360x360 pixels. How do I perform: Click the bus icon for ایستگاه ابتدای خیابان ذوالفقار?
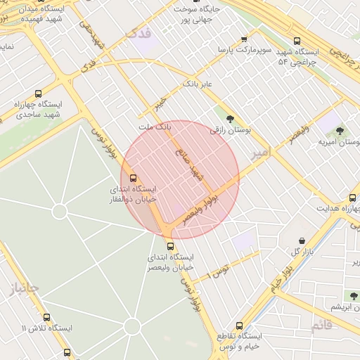point(134,179)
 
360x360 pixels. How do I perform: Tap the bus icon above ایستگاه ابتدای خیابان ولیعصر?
point(170,246)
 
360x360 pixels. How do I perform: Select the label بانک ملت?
point(155,126)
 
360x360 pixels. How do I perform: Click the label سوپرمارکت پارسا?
point(243,51)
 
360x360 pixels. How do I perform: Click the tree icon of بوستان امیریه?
point(340,131)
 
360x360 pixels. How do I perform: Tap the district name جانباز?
point(23,288)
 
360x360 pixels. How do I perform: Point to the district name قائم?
point(321,324)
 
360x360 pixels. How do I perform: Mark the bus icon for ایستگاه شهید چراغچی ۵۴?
point(298,41)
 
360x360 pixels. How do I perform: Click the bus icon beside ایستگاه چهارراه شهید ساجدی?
point(37,94)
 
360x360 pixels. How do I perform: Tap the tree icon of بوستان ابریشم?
point(352,296)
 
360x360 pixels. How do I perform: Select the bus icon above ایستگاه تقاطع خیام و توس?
point(240,326)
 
